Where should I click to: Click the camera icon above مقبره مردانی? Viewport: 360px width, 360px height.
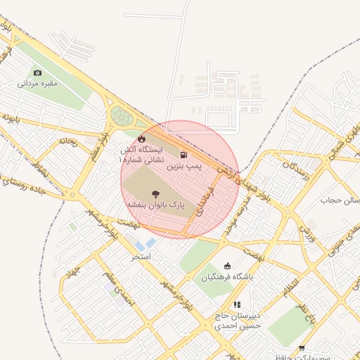tap(37, 72)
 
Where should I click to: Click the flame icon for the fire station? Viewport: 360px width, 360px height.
tap(142, 138)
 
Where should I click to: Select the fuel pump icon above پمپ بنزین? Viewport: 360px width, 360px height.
tap(184, 155)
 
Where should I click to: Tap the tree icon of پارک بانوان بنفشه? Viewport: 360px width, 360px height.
tap(155, 192)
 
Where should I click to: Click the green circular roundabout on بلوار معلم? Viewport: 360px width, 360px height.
tap(122, 116)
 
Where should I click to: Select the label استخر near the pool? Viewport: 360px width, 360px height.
tap(141, 257)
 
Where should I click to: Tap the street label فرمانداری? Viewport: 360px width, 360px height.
tap(205, 200)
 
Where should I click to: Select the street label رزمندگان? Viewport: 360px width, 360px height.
tap(295, 169)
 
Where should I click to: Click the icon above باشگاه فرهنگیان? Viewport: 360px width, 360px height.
tap(227, 266)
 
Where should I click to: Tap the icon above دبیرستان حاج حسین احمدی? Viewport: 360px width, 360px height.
tap(237, 304)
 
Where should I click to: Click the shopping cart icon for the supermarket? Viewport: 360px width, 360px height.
tap(302, 348)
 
